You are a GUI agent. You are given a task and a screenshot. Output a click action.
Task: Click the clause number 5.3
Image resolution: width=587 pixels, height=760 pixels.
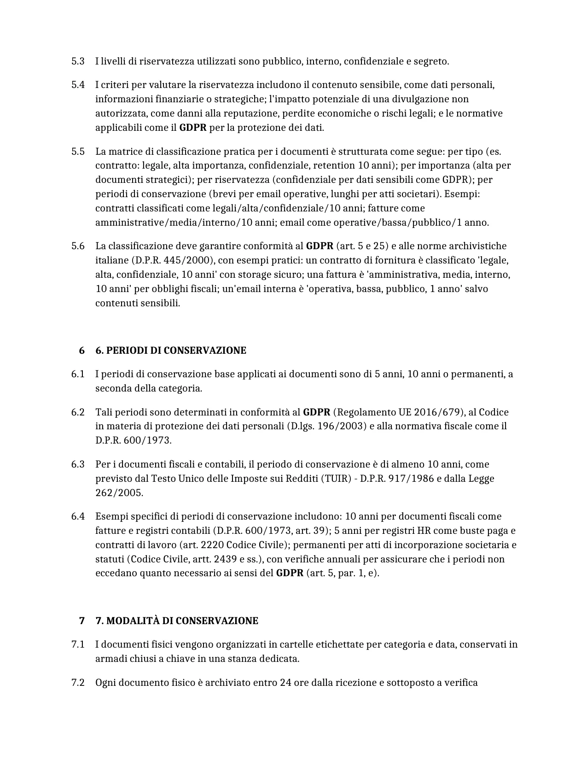(78, 61)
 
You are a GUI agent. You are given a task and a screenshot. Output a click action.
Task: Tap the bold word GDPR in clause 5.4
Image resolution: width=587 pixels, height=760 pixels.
(192, 128)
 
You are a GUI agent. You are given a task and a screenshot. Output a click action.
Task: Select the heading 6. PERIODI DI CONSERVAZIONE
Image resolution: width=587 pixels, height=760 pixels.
(170, 351)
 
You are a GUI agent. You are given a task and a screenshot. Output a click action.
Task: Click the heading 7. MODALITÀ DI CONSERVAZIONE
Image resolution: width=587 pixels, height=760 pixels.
(176, 621)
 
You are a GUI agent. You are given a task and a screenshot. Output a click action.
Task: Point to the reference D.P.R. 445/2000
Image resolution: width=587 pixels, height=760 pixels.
(173, 261)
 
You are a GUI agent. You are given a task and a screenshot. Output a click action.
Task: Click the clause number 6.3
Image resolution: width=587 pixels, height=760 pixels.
(78, 464)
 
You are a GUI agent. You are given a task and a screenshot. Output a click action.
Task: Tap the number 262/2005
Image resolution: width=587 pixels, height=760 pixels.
(119, 493)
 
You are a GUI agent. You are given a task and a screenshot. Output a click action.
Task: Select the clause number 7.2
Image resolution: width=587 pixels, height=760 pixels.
(78, 683)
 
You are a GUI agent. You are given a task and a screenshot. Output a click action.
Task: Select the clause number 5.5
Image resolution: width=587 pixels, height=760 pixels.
(78, 152)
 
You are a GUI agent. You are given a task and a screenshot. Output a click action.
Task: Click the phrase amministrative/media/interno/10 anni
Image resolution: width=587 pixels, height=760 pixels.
(185, 223)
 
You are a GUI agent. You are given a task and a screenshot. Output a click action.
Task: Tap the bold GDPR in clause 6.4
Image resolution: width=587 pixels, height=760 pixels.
(290, 573)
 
